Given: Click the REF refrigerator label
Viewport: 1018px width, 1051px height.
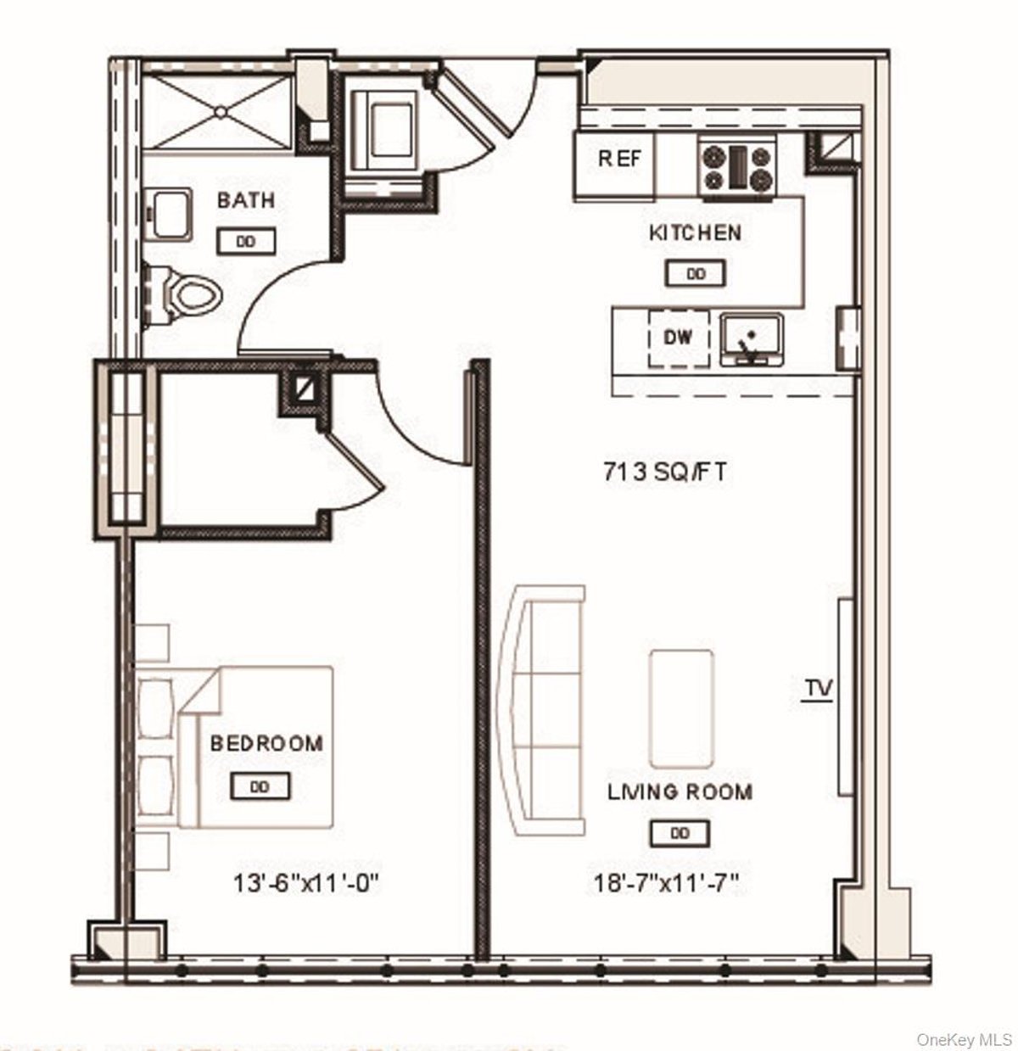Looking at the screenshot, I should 619,159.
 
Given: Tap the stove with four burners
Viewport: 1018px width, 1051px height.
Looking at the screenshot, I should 738,167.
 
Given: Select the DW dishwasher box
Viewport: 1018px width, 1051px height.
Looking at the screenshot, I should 679,338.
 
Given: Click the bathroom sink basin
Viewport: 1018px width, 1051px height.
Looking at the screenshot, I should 171,215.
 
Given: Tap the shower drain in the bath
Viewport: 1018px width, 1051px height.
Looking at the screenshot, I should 220,110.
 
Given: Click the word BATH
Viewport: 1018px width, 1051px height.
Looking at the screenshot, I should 246,201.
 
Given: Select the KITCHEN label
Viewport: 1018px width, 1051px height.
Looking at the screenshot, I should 695,232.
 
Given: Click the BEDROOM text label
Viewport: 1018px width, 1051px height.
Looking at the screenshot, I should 266,744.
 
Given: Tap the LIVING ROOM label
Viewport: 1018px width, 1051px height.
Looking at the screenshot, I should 680,792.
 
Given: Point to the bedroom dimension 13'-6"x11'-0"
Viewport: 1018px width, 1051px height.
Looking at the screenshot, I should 305,884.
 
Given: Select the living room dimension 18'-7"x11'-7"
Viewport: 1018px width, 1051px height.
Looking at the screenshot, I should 667,884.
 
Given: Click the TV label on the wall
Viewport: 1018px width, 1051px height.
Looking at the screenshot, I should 819,687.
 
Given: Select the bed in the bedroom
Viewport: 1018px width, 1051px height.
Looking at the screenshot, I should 255,746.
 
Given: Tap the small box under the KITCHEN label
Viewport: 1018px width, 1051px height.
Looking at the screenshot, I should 695,274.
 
